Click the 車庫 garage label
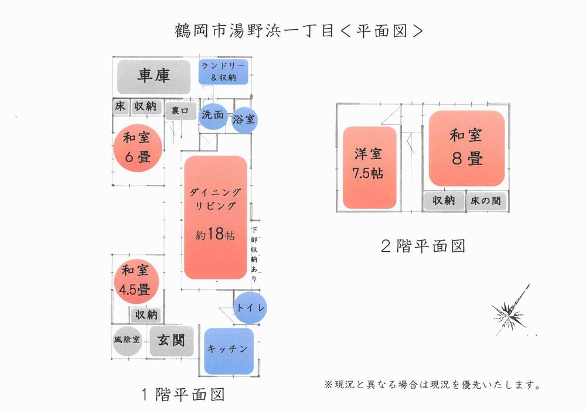click(x=154, y=77)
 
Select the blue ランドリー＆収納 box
click(x=223, y=71)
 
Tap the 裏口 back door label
click(x=180, y=111)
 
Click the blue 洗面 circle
click(x=213, y=115)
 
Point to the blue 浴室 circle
click(x=244, y=120)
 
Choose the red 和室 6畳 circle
click(x=138, y=148)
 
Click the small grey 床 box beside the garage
click(x=120, y=107)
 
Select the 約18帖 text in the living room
click(x=215, y=234)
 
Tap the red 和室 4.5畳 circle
click(x=135, y=282)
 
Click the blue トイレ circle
click(x=250, y=307)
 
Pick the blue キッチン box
click(x=229, y=351)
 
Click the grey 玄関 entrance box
click(x=172, y=341)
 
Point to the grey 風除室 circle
click(x=127, y=340)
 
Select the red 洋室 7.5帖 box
click(x=369, y=167)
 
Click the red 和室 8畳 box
click(x=467, y=148)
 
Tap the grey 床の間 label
click(x=486, y=201)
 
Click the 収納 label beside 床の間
click(x=444, y=201)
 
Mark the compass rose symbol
click(x=510, y=310)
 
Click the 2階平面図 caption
click(x=423, y=246)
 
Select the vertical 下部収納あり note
click(x=254, y=254)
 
